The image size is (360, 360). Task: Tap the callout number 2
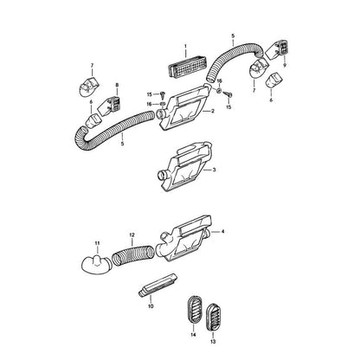[x=213, y=111]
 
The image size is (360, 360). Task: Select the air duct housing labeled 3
[x=185, y=166]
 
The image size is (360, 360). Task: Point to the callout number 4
[x=222, y=231]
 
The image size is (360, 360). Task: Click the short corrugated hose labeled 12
[x=133, y=254]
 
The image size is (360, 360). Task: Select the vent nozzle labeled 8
[x=110, y=105]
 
